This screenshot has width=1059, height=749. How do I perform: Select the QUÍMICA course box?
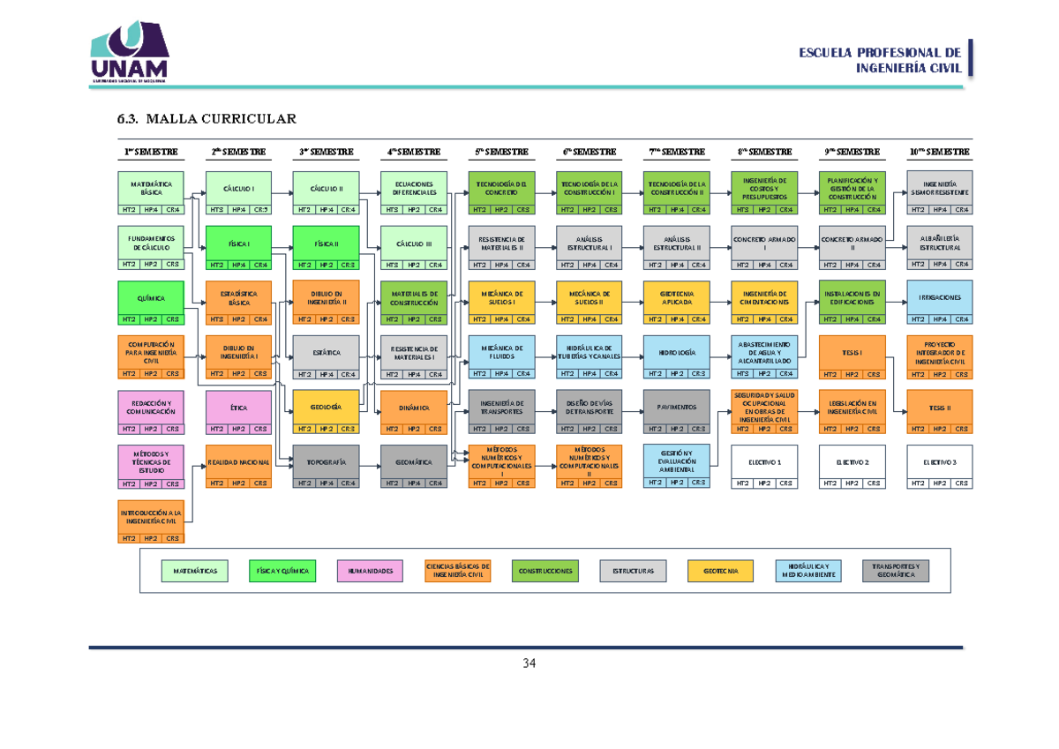pyautogui.click(x=151, y=298)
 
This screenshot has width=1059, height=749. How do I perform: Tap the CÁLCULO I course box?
pyautogui.click(x=238, y=189)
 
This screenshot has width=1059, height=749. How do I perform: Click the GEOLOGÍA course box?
pyautogui.click(x=326, y=407)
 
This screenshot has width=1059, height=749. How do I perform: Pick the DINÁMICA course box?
pyautogui.click(x=413, y=408)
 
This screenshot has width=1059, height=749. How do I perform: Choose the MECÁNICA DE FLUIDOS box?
pyautogui.click(x=501, y=352)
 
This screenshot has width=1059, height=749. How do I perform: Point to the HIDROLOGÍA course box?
pyautogui.click(x=676, y=352)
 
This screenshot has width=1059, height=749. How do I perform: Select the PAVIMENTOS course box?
pyautogui.click(x=676, y=407)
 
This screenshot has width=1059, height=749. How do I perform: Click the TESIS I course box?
pyautogui.click(x=852, y=352)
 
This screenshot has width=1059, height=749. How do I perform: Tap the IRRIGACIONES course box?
pyautogui.click(x=939, y=298)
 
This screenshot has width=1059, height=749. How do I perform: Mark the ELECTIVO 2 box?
pyautogui.click(x=852, y=462)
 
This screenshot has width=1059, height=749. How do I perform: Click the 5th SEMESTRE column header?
pyautogui.click(x=500, y=152)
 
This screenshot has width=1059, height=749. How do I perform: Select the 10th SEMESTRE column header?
pyautogui.click(x=939, y=152)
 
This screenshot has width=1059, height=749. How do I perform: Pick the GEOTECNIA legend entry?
pyautogui.click(x=720, y=571)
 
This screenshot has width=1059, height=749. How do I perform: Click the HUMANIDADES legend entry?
pyautogui.click(x=370, y=571)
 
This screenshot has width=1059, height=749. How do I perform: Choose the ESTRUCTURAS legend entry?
pyautogui.click(x=633, y=571)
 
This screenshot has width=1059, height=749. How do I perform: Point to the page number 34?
pyautogui.click(x=529, y=663)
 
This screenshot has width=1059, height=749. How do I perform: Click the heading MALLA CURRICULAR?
pyautogui.click(x=207, y=119)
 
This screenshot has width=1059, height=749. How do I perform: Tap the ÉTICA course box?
pyautogui.click(x=238, y=408)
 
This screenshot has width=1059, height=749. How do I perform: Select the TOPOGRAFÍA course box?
pyautogui.click(x=326, y=462)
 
